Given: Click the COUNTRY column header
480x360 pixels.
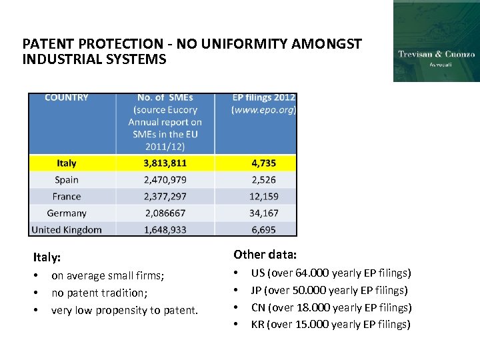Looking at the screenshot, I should coord(67,98).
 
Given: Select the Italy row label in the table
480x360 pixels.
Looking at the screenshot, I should coord(67,163).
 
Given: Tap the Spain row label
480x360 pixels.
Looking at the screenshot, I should coord(67,180).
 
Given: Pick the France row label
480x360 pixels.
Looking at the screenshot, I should coord(67,197).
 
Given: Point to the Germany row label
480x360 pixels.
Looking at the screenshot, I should coord(67,213).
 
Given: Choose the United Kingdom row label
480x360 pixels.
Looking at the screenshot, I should coord(67,230).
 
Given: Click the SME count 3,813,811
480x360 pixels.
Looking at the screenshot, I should coord(165,163).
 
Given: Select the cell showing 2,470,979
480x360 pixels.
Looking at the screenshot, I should coord(165,180).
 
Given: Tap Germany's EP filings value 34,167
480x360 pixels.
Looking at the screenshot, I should coord(264,213).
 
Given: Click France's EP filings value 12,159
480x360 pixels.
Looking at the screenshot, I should coord(264,197).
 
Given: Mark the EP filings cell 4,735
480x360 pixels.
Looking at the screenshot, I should coord(264,163).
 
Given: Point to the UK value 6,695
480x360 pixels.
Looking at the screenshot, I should coord(264,230).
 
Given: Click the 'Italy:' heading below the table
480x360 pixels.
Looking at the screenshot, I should coord(47,257).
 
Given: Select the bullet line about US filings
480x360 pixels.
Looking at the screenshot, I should coord(331,273).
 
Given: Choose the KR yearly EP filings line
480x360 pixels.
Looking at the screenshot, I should coord(331,325).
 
